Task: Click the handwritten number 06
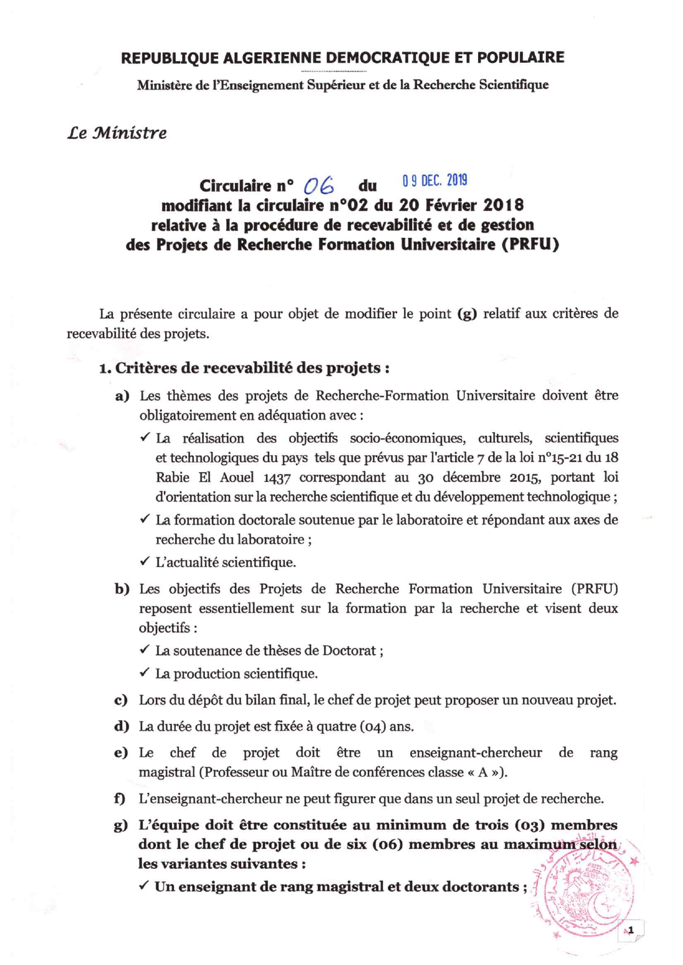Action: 319,187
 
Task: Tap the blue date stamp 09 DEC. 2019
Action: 435,180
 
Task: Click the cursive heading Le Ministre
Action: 117,133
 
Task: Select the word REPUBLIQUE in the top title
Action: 167,58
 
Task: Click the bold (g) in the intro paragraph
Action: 467,314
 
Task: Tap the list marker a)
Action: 122,396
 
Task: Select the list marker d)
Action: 121,726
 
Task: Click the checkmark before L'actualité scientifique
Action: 145,561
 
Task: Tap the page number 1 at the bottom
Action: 631,930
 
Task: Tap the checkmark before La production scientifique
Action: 144,673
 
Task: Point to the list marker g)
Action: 121,825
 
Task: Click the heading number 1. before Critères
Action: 105,368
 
